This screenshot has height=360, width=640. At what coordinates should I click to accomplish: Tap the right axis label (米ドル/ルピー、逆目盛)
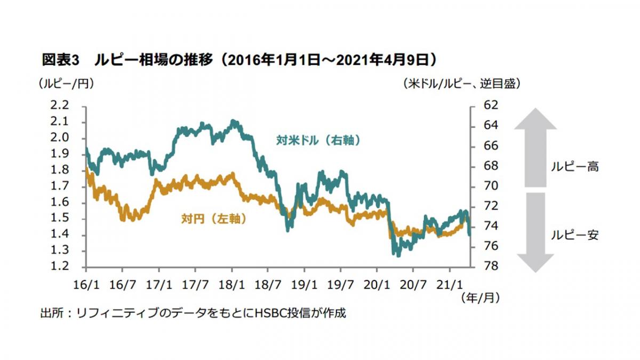[459, 83]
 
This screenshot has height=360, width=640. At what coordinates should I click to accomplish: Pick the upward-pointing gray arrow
[535, 147]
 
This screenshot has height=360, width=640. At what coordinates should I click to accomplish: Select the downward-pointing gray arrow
[535, 232]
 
